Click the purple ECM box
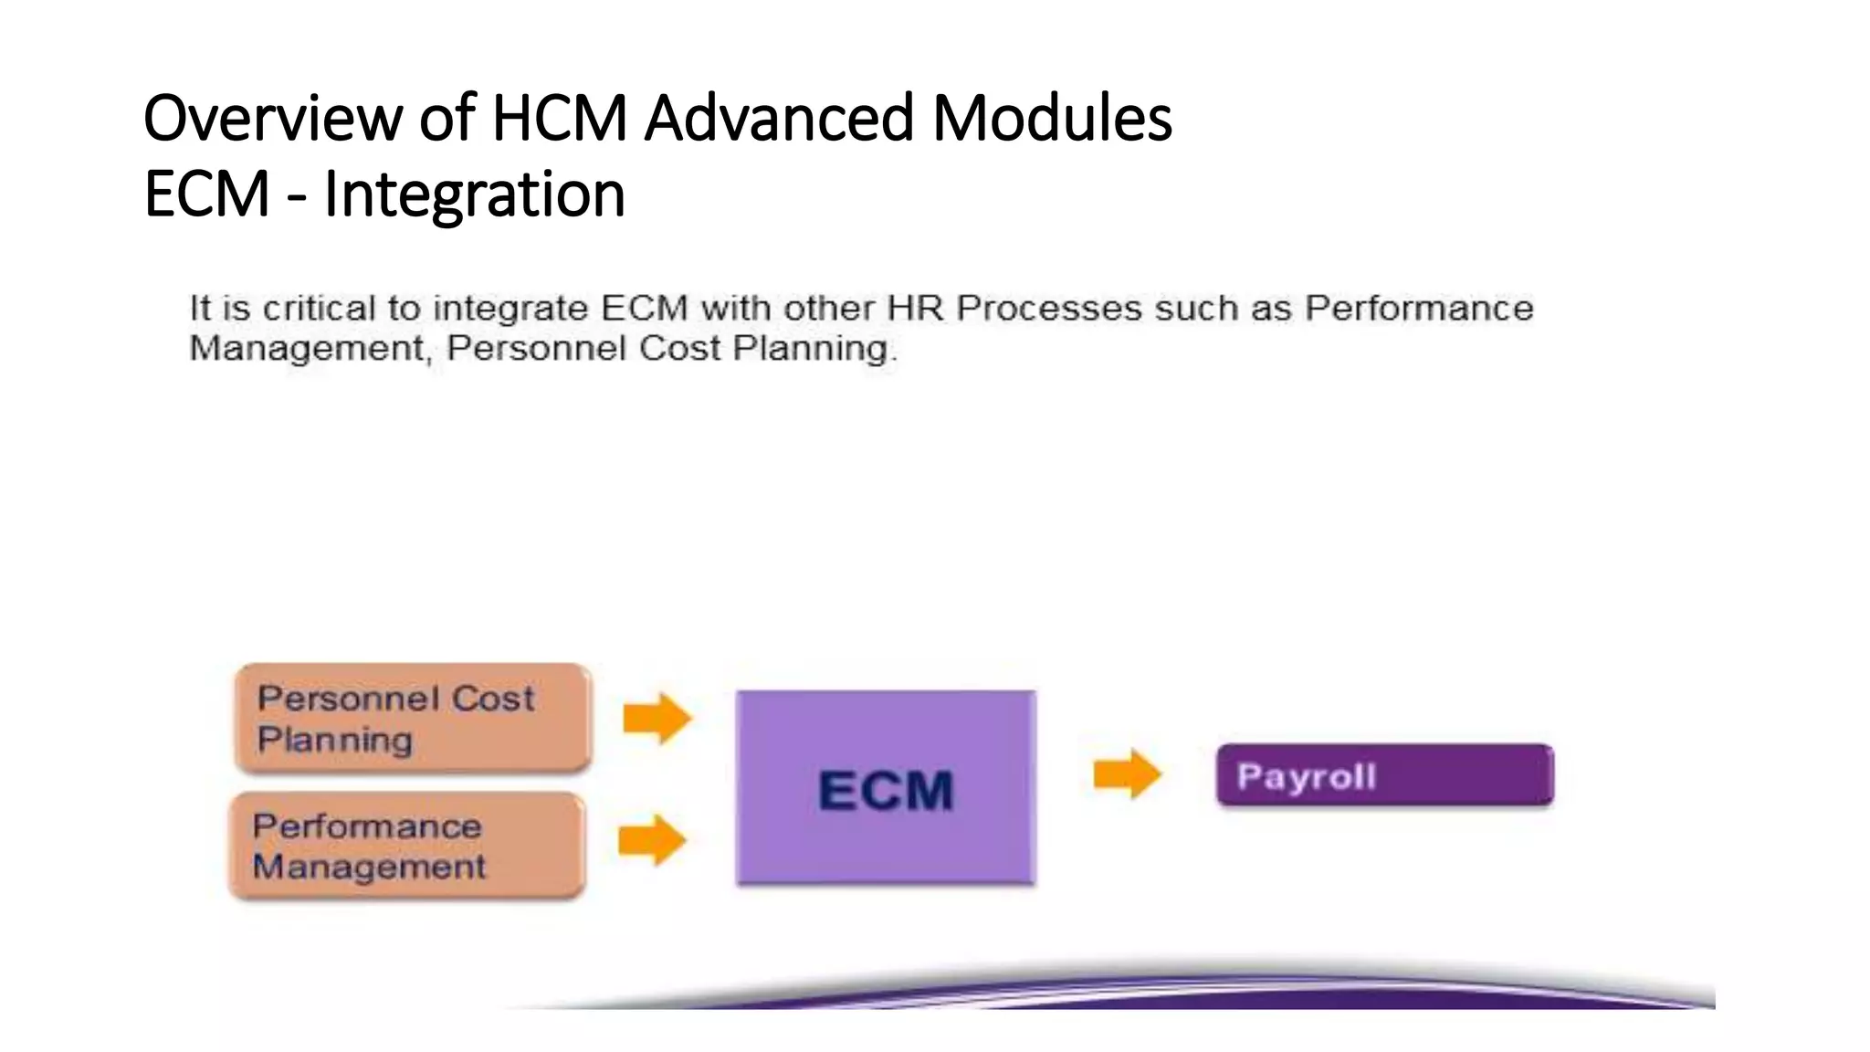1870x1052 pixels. coord(885,787)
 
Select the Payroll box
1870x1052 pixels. coord(1384,775)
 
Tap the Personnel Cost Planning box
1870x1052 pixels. coord(414,719)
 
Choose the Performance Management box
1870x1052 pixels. coord(407,846)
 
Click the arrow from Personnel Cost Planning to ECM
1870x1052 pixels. coord(657,718)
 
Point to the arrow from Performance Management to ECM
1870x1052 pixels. coord(652,840)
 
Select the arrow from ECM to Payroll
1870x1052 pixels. coord(1127,774)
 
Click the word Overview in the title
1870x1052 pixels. coord(273,119)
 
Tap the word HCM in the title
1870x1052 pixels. coord(559,119)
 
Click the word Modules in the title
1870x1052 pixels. coord(1052,119)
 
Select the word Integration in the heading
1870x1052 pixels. coord(474,195)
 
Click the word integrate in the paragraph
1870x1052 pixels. coord(510,309)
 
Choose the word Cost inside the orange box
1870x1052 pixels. coord(492,699)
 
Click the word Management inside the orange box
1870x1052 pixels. coord(369,867)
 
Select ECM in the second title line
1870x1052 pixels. coord(206,195)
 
